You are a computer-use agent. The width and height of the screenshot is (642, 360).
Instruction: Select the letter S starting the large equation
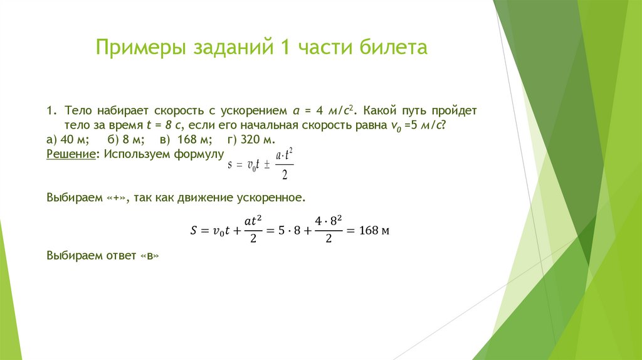pos(193,231)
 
